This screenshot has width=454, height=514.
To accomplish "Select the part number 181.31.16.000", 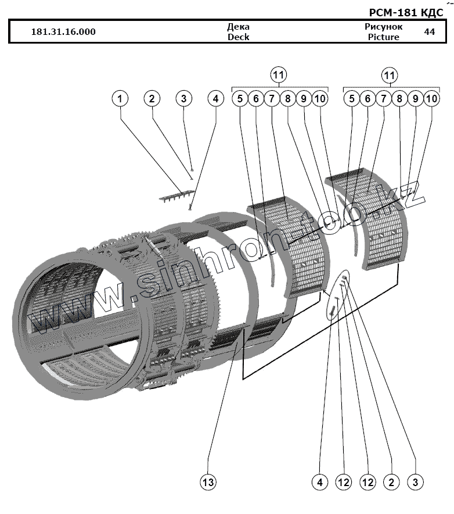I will pos(63,32).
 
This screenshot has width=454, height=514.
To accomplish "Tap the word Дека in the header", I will pos(238,27).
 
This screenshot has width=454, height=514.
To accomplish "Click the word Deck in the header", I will pos(238,37).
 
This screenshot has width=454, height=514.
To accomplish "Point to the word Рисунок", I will pos(383,27).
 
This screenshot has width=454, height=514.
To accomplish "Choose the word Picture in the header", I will pos(383,37).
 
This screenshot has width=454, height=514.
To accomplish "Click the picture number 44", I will pos(430,32).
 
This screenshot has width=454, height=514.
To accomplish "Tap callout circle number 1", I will pos(120,99).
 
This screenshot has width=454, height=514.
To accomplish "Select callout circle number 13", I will pos(208,482).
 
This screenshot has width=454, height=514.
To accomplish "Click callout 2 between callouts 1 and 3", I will pos(152,99).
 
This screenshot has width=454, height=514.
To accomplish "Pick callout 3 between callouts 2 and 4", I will pos(183,99).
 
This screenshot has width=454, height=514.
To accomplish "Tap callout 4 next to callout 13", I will pos(319,482).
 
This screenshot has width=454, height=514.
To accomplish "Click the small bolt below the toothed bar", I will pos(189,206).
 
